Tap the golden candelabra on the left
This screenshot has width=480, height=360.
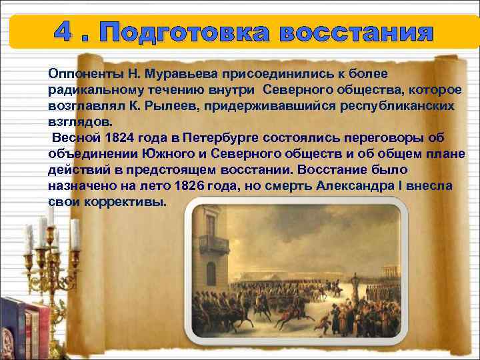[47, 253]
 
